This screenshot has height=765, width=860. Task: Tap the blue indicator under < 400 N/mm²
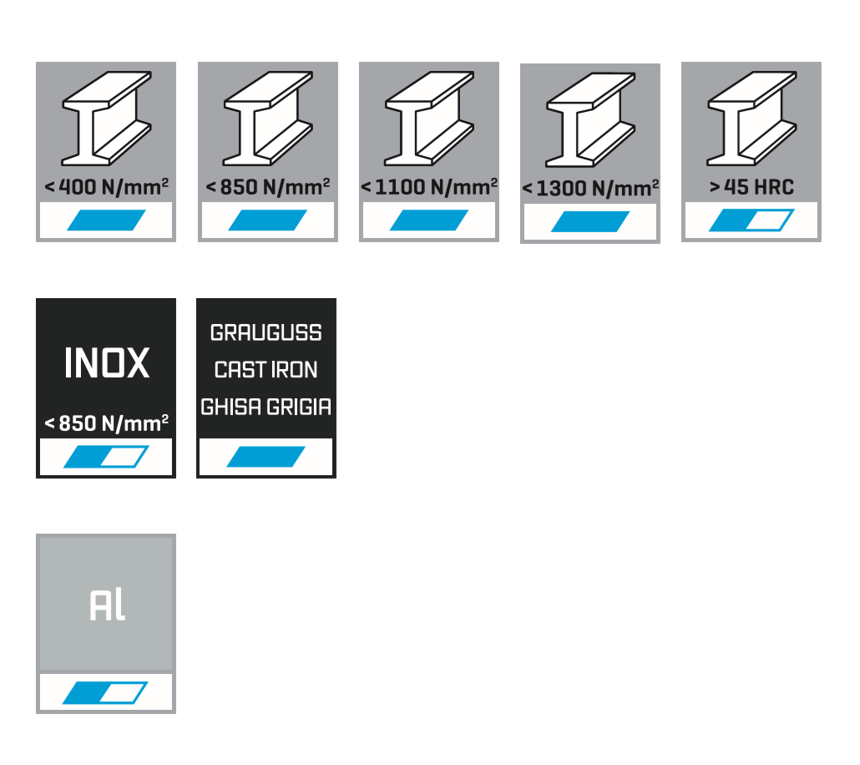point(106,220)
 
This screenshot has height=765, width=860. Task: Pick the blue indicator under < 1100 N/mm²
point(429,220)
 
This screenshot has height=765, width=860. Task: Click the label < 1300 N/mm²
point(590,188)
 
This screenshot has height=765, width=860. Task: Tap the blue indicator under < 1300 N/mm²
point(590,222)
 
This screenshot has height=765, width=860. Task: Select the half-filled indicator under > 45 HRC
point(751,220)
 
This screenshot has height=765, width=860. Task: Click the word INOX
point(107,364)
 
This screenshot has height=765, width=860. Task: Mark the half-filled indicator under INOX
point(106,457)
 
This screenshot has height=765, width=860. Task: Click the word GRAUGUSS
point(266,333)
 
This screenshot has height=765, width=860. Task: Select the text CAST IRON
point(266,370)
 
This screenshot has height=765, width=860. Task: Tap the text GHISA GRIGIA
point(266,408)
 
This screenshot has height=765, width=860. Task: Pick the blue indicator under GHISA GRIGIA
point(266,457)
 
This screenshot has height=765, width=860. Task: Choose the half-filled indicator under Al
point(106,693)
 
